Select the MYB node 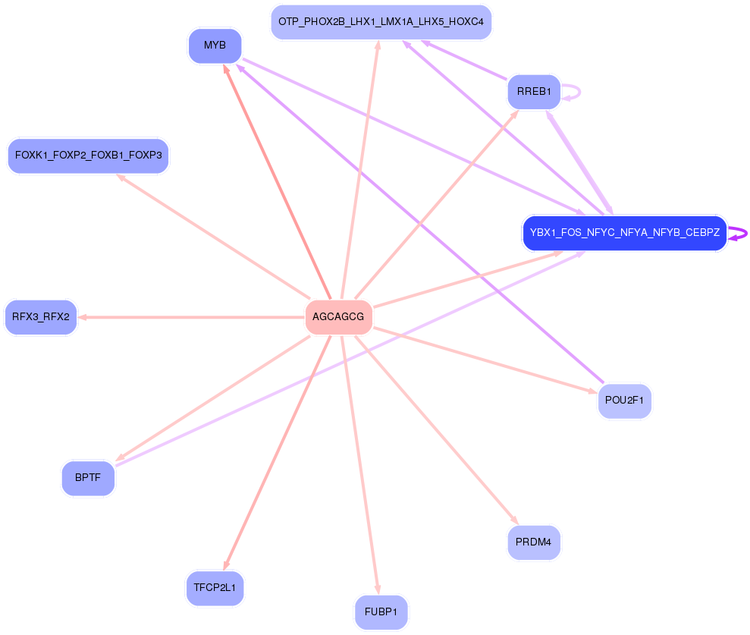pyautogui.click(x=215, y=46)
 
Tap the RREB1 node pyautogui.click(x=534, y=92)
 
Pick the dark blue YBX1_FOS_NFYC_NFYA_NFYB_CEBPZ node pyautogui.click(x=624, y=233)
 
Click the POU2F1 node pyautogui.click(x=624, y=401)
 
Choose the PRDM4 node pyautogui.click(x=534, y=542)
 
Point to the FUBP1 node pyautogui.click(x=381, y=612)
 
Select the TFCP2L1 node pyautogui.click(x=215, y=588)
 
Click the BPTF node pyautogui.click(x=88, y=478)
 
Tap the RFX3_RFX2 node pyautogui.click(x=41, y=317)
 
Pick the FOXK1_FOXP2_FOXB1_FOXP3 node pyautogui.click(x=88, y=156)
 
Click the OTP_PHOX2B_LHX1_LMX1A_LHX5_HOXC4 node pyautogui.click(x=381, y=22)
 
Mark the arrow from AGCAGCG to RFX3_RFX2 pyautogui.click(x=190, y=317)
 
